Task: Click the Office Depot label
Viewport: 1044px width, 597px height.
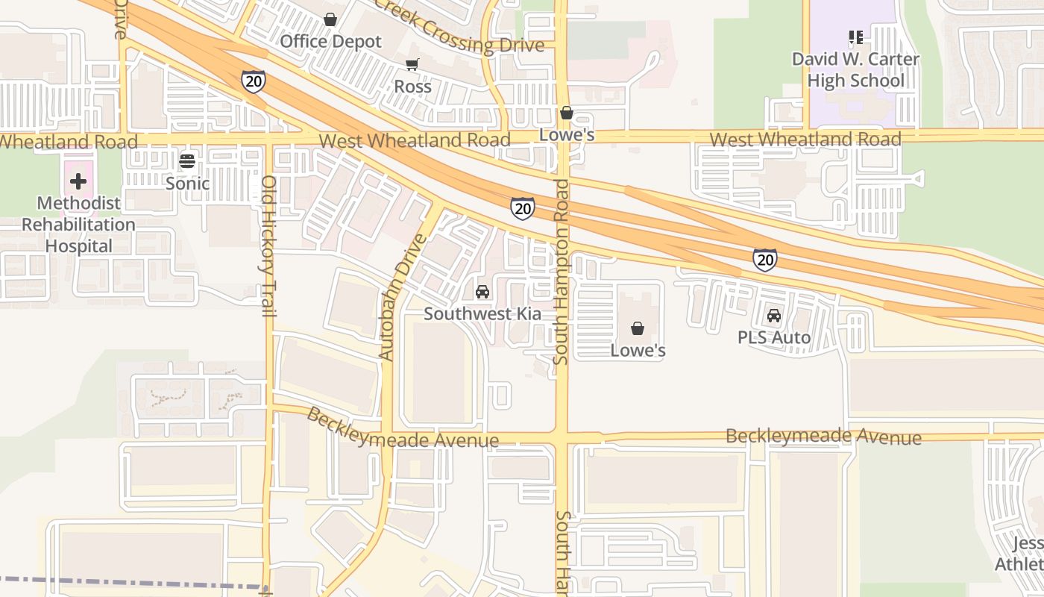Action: pyautogui.click(x=330, y=42)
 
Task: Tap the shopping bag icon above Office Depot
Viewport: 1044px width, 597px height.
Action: pyautogui.click(x=330, y=19)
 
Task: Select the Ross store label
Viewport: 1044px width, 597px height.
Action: pyautogui.click(x=412, y=87)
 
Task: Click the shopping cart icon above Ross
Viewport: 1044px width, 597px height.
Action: pyautogui.click(x=412, y=64)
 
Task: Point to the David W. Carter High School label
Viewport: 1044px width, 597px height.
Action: pyautogui.click(x=855, y=69)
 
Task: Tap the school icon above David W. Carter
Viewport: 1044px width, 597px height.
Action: pyautogui.click(x=855, y=37)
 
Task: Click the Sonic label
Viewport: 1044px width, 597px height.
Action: pyautogui.click(x=187, y=183)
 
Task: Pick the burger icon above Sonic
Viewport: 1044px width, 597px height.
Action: pyautogui.click(x=187, y=160)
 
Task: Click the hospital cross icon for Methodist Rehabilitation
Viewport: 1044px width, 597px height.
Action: pyautogui.click(x=78, y=181)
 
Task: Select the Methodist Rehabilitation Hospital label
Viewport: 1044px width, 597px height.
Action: pyautogui.click(x=78, y=224)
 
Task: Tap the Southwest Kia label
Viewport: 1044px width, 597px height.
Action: pyautogui.click(x=482, y=314)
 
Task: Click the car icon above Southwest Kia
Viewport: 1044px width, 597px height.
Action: pyautogui.click(x=482, y=291)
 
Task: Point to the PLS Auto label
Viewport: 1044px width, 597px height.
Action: pyautogui.click(x=774, y=337)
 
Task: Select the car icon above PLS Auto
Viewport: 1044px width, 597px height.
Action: pyautogui.click(x=774, y=316)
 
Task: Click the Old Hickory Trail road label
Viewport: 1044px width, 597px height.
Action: pyautogui.click(x=269, y=246)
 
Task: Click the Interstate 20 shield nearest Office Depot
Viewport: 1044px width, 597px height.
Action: pyautogui.click(x=254, y=81)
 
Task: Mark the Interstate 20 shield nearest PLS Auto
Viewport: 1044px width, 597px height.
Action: pyautogui.click(x=764, y=259)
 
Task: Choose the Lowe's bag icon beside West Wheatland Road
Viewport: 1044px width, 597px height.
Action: pyautogui.click(x=567, y=113)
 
